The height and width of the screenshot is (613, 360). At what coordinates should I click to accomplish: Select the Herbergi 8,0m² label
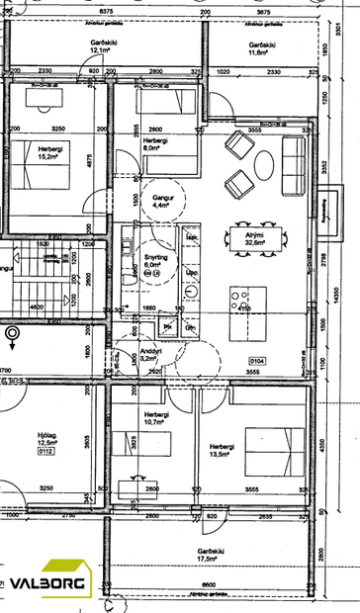tap(155, 146)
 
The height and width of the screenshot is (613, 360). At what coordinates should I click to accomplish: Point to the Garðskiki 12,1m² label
tap(76, 46)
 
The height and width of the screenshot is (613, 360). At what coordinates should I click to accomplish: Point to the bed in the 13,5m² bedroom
tap(269, 450)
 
